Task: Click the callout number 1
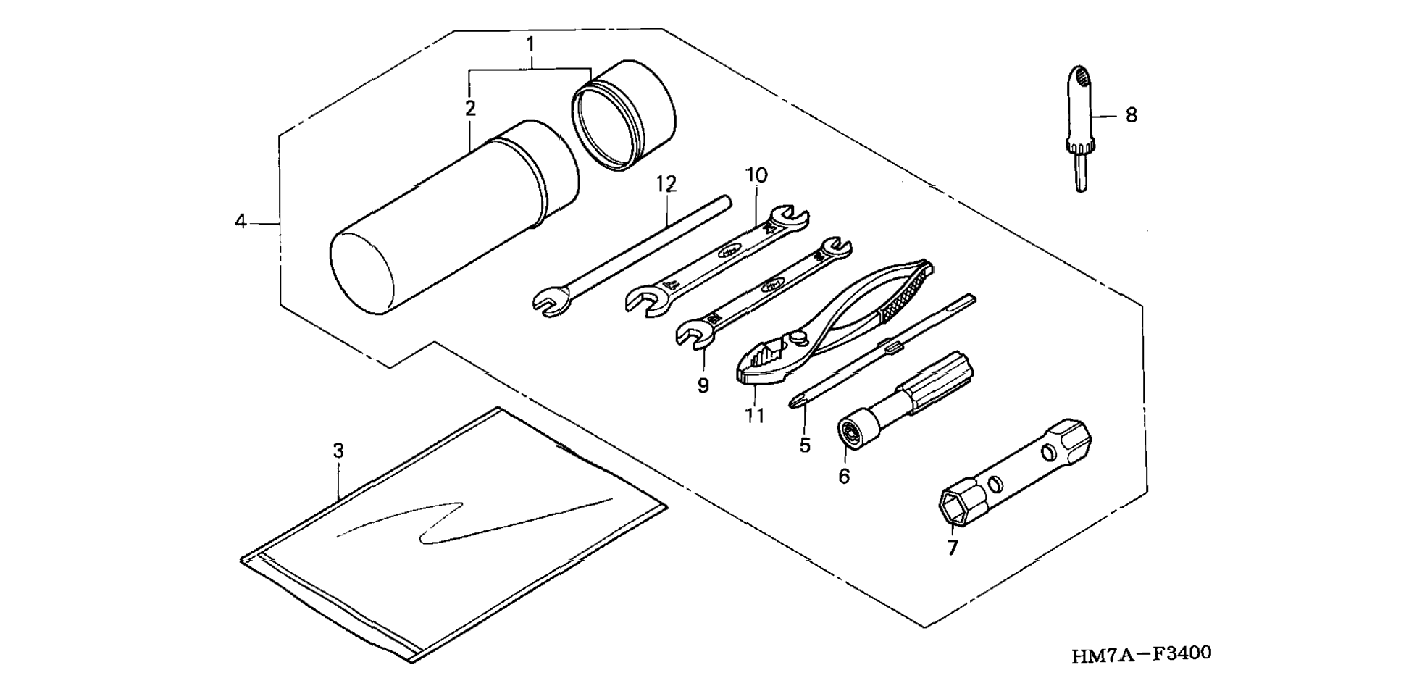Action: (530, 44)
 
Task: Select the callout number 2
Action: (470, 109)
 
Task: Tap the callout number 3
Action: (338, 451)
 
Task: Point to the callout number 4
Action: (241, 221)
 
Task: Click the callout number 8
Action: (1131, 115)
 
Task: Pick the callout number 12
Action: (666, 184)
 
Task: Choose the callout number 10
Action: (756, 175)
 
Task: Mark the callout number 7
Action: (953, 548)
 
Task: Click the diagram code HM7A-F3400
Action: (1142, 655)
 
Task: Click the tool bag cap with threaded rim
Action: (623, 114)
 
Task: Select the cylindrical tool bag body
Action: (454, 217)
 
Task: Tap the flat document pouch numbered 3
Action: (455, 535)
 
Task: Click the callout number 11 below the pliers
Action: (754, 417)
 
